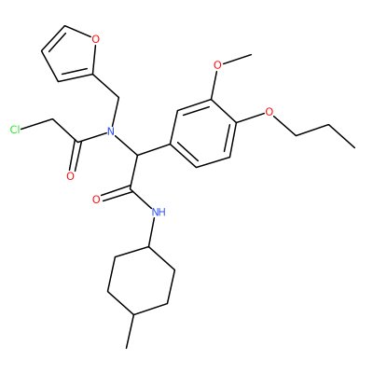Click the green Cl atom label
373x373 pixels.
[x=15, y=130]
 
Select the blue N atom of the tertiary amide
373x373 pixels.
[x=110, y=131]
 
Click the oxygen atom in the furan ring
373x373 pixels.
[x=96, y=39]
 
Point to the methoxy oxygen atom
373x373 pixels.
[x=218, y=65]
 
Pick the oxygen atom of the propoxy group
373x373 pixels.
[x=269, y=112]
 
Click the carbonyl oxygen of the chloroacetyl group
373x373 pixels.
[x=71, y=176]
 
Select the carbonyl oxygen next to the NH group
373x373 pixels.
[x=96, y=200]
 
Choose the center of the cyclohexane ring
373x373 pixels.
[x=141, y=281]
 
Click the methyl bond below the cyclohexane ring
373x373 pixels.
[x=131, y=331]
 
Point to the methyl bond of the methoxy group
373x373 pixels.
[x=237, y=60]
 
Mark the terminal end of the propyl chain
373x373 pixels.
[x=354, y=147]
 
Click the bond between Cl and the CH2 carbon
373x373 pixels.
[x=36, y=124]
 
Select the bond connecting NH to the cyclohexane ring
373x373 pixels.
[x=152, y=232]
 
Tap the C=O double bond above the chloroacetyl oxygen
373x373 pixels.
[x=75, y=157]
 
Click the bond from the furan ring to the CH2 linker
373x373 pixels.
[x=105, y=86]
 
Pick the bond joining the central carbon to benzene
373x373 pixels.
[x=154, y=149]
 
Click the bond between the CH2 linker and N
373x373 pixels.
[x=116, y=112]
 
